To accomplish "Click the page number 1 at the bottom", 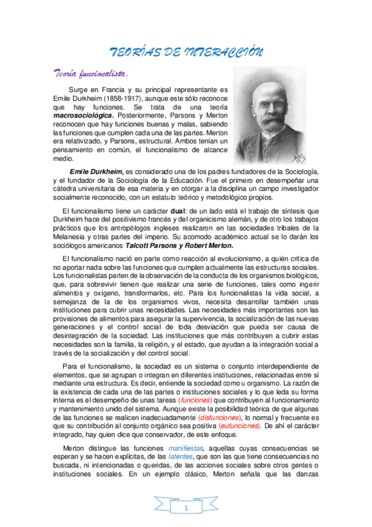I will point(186,510).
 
